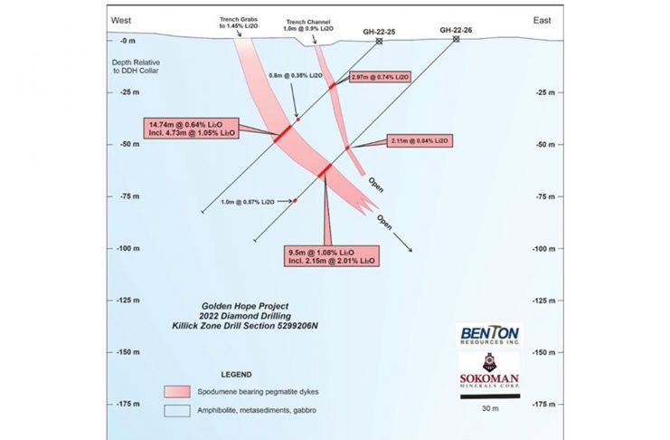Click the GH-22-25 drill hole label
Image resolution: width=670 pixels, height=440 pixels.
(x=380, y=32)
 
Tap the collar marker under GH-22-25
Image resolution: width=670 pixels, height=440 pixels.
(x=380, y=41)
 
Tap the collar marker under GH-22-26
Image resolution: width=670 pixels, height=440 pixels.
(x=456, y=39)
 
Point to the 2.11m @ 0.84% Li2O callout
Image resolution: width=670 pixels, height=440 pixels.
(x=419, y=141)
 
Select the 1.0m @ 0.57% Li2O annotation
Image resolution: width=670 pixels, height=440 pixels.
(x=250, y=201)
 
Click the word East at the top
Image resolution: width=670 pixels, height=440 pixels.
(x=543, y=20)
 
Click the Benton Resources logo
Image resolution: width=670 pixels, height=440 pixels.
(x=488, y=334)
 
